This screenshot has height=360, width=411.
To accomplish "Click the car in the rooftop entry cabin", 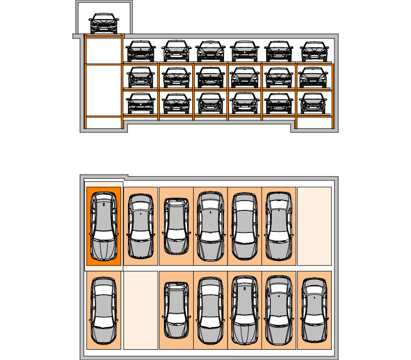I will click(103, 24).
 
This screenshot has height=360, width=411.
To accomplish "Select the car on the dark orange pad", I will click(104, 227).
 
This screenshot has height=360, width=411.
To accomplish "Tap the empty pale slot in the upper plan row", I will click(314, 226).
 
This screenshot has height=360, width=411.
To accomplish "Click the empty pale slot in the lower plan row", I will click(140, 310).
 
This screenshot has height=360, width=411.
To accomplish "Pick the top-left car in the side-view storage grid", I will click(141, 51).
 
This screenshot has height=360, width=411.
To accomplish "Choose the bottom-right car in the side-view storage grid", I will click(313, 103).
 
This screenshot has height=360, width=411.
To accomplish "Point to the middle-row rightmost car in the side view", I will click(313, 77).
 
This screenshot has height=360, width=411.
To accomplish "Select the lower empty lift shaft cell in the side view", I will click(103, 90).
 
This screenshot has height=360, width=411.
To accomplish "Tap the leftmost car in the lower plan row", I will click(104, 311).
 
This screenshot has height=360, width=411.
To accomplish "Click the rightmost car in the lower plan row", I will click(314, 310).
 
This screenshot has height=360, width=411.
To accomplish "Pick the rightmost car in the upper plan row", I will click(279, 226).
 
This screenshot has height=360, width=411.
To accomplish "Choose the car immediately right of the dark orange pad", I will click(140, 226).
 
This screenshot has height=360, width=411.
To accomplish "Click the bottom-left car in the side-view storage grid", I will click(141, 103).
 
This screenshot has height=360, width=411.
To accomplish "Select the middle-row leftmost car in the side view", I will click(141, 77).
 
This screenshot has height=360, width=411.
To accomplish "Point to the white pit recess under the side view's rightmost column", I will click(313, 123).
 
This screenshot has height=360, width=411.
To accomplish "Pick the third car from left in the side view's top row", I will click(211, 51).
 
